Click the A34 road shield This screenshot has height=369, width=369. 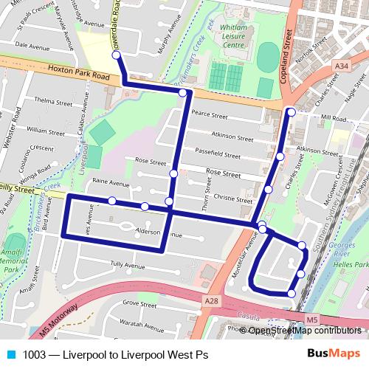pyautogui.click(x=341, y=67)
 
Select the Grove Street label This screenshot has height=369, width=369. pyautogui.click(x=139, y=303)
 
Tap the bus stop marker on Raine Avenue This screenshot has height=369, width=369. pyautogui.click(x=112, y=201)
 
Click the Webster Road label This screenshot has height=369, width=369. pyautogui.click(x=7, y=134)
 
